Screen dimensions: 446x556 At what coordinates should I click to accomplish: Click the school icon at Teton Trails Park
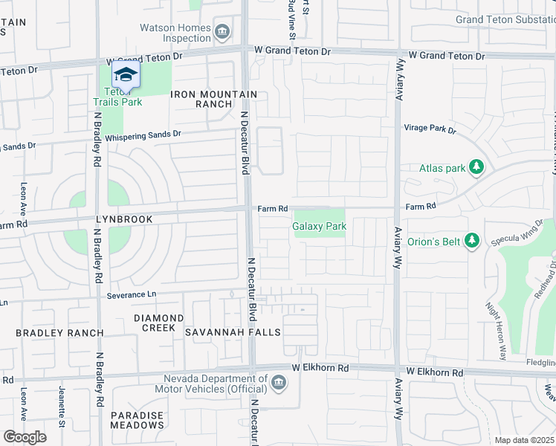pos(126,75)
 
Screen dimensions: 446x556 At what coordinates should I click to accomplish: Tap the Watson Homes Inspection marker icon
pos(222,31)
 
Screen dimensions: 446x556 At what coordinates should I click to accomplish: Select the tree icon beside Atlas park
pos(477,168)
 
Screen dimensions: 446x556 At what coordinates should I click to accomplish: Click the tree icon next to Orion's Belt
pos(471,240)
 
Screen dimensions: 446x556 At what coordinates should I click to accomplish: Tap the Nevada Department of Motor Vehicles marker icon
pos(279,383)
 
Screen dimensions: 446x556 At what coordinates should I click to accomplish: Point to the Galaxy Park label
pos(320,226)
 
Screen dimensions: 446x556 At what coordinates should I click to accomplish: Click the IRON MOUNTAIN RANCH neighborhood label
pos(214,99)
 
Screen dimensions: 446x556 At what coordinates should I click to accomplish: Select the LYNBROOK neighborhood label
pos(123,219)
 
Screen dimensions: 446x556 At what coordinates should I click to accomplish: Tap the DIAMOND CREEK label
pos(158,323)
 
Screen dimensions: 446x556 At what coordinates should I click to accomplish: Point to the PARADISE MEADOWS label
pos(138,420)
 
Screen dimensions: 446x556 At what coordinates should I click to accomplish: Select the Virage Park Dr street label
pos(430,128)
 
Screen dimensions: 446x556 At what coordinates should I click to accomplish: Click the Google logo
pos(25,437)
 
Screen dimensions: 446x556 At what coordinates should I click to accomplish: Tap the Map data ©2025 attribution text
pos(524,440)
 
